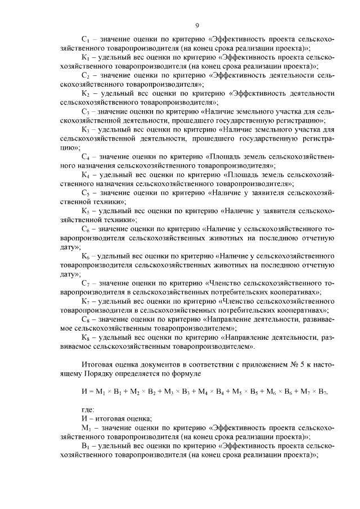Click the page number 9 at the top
click(197, 25)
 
